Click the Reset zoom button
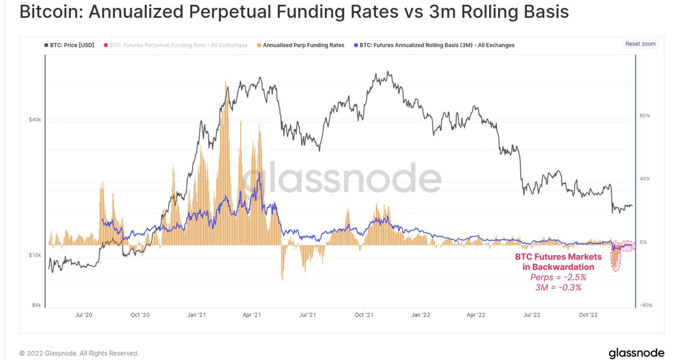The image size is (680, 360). click(640, 44)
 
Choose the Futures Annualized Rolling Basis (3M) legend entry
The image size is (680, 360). click(434, 45)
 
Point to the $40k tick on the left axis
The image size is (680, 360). click(35, 120)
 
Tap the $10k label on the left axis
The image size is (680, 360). click(35, 255)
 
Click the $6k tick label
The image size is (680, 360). click(36, 305)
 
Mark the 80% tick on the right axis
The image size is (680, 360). click(645, 116)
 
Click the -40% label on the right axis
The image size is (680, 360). click(646, 305)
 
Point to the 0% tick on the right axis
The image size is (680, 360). click(643, 242)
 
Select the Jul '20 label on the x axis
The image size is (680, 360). click(84, 315)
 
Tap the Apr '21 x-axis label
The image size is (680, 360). click(252, 315)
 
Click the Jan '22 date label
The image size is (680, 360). click(421, 315)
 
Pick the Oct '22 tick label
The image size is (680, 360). click(588, 315)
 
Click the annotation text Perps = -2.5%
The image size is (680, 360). click(558, 277)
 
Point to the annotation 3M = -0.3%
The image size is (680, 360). click(558, 287)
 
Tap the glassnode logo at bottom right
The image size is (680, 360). click(636, 353)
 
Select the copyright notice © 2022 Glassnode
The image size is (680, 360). click(79, 353)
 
